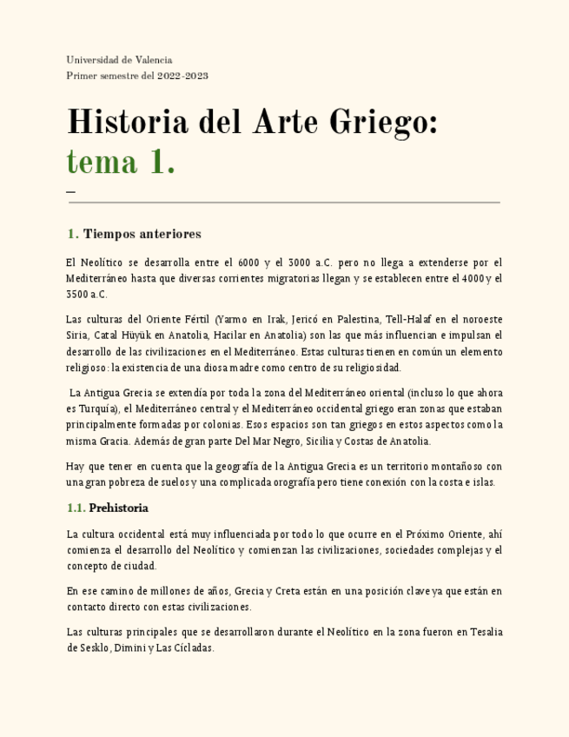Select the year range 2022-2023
click(x=182, y=76)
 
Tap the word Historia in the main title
click(x=125, y=122)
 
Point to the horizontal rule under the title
click(x=284, y=203)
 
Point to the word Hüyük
click(x=131, y=335)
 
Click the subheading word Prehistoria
click(x=118, y=508)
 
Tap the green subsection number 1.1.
click(x=76, y=508)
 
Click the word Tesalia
click(x=485, y=632)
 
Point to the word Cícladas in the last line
click(x=194, y=648)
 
